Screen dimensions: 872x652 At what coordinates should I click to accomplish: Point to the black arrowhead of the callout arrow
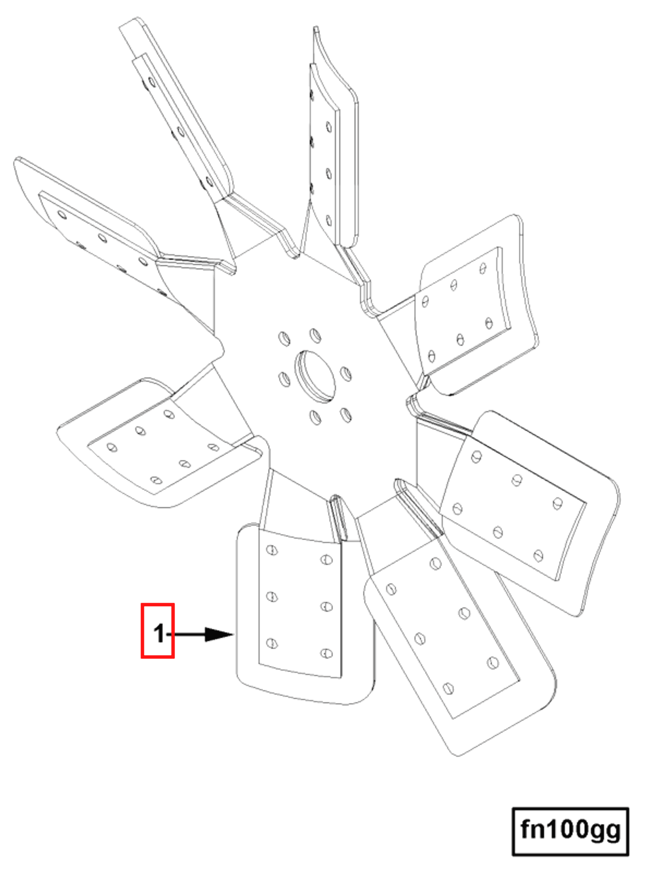[218, 634]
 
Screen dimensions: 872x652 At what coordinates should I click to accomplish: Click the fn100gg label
[570, 830]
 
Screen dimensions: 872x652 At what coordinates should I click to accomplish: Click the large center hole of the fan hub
[316, 376]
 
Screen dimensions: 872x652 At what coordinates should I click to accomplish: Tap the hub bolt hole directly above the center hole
[315, 335]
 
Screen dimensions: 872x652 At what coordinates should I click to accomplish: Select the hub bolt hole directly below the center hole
[315, 417]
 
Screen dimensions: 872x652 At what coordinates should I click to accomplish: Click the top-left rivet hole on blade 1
[272, 549]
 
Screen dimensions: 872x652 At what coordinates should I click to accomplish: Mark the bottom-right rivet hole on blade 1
[326, 653]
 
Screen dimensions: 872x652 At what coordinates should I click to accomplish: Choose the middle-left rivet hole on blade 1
[272, 596]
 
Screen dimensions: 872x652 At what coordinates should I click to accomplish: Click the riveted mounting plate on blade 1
[300, 603]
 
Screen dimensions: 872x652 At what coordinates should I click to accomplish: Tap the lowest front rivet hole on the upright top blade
[329, 220]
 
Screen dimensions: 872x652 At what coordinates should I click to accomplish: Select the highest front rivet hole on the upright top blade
[329, 127]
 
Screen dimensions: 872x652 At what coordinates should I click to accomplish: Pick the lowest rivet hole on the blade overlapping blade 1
[448, 688]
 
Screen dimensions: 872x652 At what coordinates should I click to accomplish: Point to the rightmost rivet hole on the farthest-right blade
[557, 503]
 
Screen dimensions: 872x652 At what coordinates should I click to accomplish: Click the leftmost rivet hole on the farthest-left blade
[62, 215]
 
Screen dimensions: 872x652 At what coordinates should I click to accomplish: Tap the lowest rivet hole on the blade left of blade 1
[156, 480]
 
